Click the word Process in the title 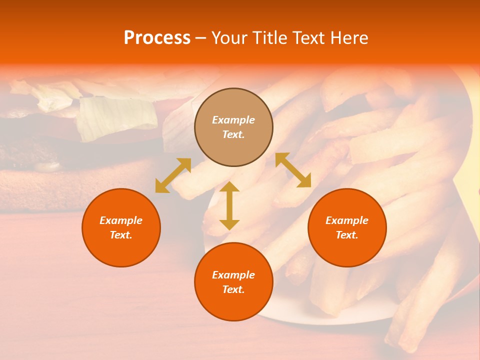coord(157,38)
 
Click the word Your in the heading coord(229,38)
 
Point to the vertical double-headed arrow coord(229,205)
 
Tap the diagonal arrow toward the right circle coord(293,170)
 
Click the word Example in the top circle coord(233,120)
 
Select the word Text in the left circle coord(121,235)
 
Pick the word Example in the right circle coord(347,220)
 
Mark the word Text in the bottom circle coord(233,289)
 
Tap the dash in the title coord(201,38)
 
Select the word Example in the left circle coord(121,220)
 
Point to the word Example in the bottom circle coord(233,275)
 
